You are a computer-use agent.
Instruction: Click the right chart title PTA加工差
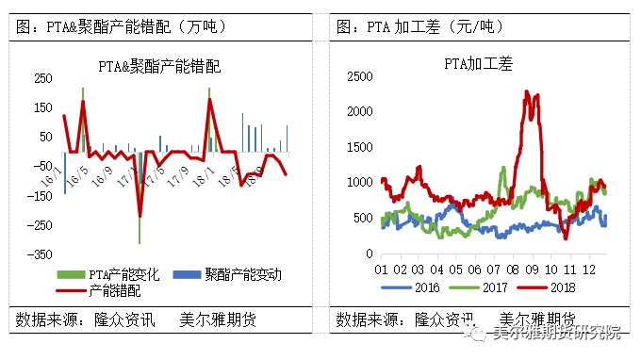tap(481, 65)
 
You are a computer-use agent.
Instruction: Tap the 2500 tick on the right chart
tap(358, 75)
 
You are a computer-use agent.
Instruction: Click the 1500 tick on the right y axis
tap(358, 146)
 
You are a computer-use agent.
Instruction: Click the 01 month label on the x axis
tap(382, 268)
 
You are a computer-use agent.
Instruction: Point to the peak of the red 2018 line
tap(526, 91)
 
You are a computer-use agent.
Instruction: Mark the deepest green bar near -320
tap(140, 240)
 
